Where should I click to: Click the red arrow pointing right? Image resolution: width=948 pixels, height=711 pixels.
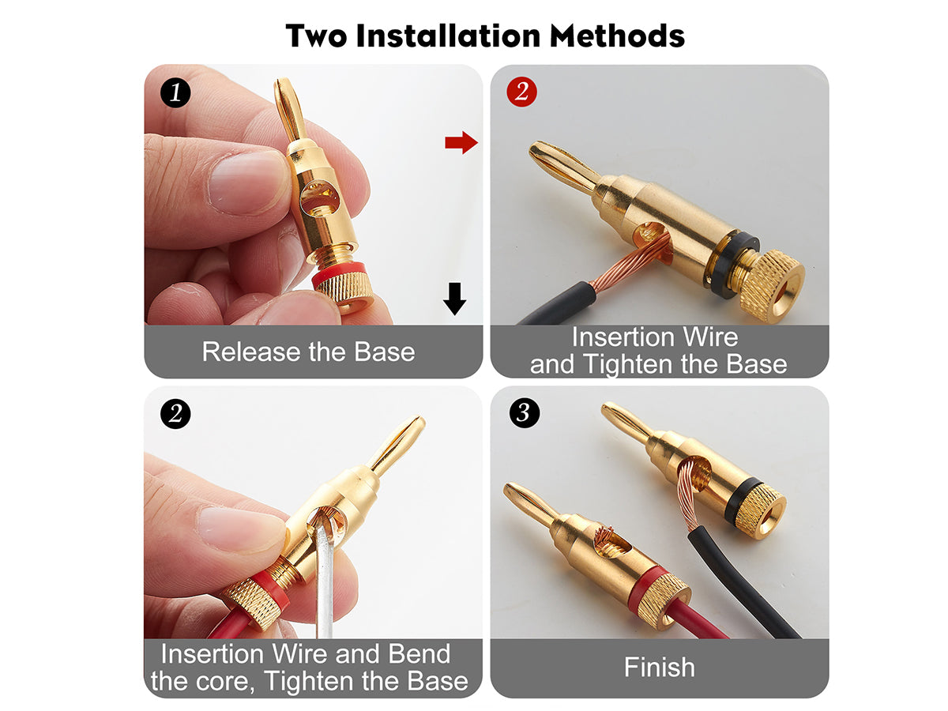pyautogui.click(x=461, y=142)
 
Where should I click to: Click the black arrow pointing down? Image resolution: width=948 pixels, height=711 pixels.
pyautogui.click(x=454, y=299)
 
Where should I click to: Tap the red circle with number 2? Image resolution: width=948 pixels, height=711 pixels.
pyautogui.click(x=521, y=92)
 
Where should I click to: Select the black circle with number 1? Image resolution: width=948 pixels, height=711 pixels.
pyautogui.click(x=175, y=92)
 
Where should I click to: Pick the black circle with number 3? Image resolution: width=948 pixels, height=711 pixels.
pyautogui.click(x=525, y=412)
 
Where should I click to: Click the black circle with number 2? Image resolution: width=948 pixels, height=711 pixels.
pyautogui.click(x=175, y=413)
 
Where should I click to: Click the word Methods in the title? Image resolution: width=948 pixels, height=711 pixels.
pyautogui.click(x=617, y=36)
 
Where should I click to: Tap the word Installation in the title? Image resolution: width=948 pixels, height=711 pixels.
pyautogui.click(x=448, y=36)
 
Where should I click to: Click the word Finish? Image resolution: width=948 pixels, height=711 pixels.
pyautogui.click(x=659, y=667)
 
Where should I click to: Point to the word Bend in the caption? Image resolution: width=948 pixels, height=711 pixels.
pyautogui.click(x=419, y=653)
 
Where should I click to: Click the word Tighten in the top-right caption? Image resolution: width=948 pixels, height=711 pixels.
pyautogui.click(x=630, y=364)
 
